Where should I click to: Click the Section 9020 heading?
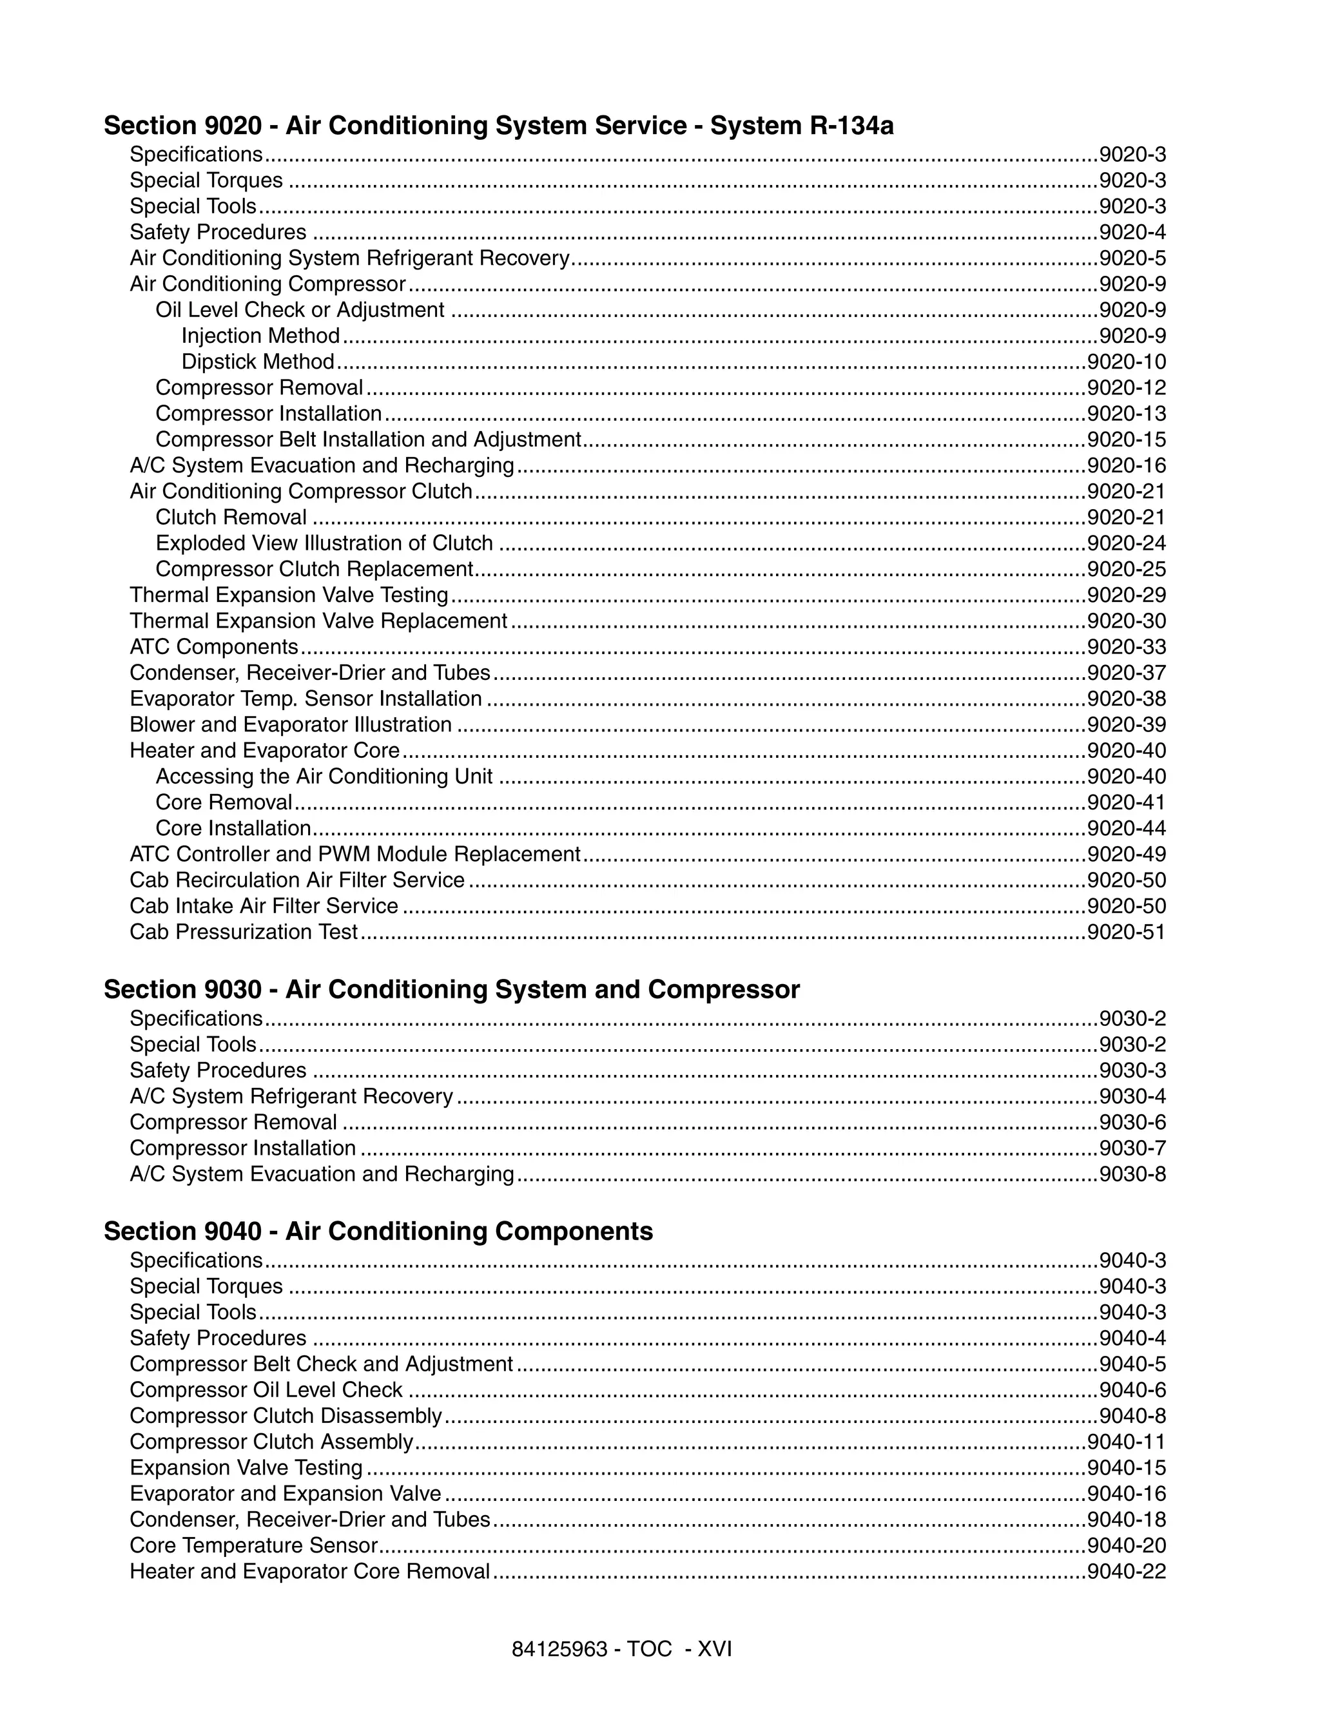(498, 126)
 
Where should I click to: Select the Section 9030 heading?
(451, 989)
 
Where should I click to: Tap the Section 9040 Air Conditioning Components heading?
(378, 1231)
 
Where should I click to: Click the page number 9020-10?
(1126, 362)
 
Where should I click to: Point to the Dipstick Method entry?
(258, 362)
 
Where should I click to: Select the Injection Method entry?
(260, 336)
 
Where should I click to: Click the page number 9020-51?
(1126, 933)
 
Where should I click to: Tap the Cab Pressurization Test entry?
(244, 933)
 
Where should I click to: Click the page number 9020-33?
(1126, 647)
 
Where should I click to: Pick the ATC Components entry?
(214, 647)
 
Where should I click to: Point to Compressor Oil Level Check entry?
(266, 1390)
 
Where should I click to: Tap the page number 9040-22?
(1126, 1572)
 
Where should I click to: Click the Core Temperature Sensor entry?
(254, 1545)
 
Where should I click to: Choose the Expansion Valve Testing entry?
(246, 1467)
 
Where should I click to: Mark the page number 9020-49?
(1126, 854)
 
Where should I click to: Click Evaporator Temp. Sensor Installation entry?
(306, 699)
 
